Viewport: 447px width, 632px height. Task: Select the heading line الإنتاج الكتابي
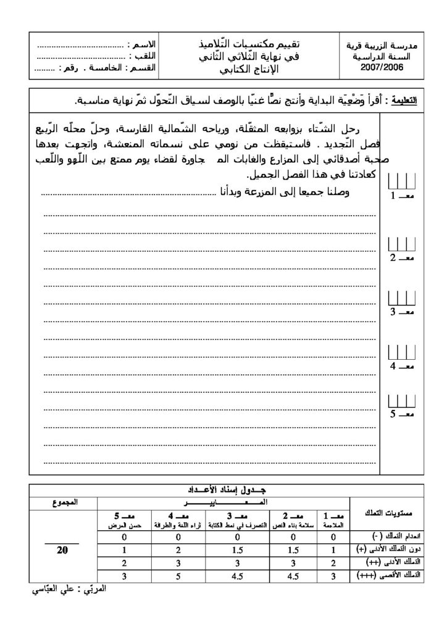tap(249, 68)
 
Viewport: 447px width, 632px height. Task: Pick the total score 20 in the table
tap(62, 550)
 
